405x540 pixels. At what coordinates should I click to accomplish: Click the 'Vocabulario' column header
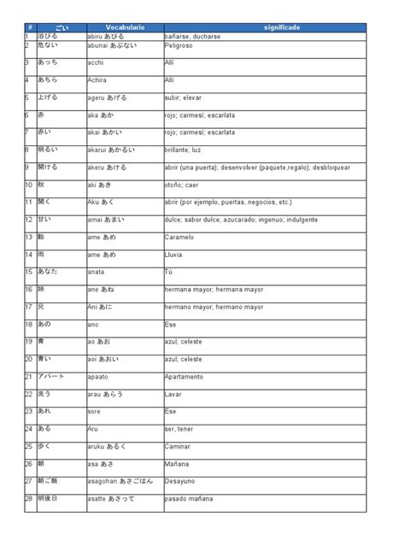point(125,29)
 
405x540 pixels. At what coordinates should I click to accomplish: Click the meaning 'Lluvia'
point(174,255)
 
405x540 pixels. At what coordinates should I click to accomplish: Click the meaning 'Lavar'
point(173,394)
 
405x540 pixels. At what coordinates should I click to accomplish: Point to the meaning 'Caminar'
point(178,446)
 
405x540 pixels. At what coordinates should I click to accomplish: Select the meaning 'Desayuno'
point(180,481)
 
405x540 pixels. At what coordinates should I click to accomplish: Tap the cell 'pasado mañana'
point(188,498)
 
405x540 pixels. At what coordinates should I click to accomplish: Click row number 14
point(28,254)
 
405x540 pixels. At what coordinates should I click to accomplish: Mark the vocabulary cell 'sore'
point(94,411)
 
